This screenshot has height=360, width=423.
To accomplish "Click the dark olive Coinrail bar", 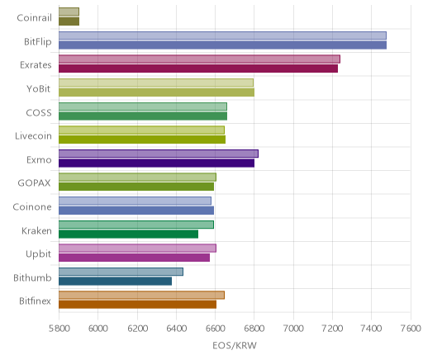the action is coord(69,21).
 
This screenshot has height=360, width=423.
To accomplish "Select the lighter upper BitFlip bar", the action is coord(222,36).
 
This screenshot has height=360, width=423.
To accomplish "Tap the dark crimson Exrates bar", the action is coord(198,69).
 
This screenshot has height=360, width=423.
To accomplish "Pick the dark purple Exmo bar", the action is coord(156,163).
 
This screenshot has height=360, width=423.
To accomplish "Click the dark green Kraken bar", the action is coord(128,234).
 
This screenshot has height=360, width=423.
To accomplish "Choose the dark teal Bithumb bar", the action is coord(115,281).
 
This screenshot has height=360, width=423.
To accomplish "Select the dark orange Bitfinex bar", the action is coord(137,305).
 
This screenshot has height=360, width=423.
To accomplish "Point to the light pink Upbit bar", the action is coord(137,248).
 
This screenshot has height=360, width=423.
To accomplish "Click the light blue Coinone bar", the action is coord(135,201).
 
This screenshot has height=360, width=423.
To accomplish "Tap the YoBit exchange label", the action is coord(38,89).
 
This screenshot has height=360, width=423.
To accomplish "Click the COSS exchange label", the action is coord(39,112).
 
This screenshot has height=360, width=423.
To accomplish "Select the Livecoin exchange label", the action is coord(33,136).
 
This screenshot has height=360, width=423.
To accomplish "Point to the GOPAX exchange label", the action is coord(34,183).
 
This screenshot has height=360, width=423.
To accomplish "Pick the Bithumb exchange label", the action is coord(32,277).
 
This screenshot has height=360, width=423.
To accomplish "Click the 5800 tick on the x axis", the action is coord(59,328).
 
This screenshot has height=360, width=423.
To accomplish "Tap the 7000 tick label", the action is coord(293,328).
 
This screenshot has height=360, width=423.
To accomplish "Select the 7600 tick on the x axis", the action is coord(411,328).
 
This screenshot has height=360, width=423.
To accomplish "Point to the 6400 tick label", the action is coord(176,328).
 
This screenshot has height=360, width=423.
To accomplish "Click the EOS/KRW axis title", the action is coord(235,345).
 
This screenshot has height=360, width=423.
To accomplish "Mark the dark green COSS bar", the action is coord(143,116).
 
